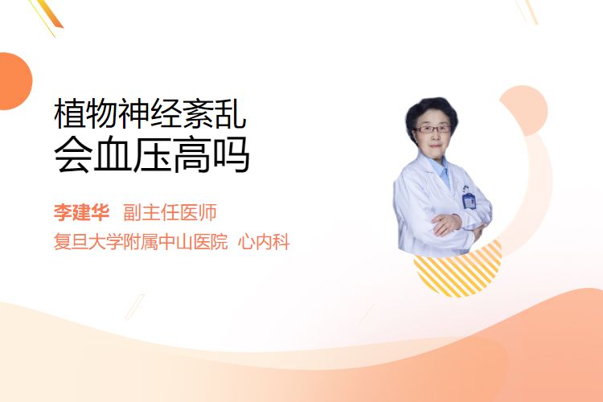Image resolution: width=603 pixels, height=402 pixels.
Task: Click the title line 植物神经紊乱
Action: click(150, 113)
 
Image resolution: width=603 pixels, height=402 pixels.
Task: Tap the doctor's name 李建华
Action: click(81, 212)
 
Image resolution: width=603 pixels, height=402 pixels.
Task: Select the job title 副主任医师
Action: click(170, 212)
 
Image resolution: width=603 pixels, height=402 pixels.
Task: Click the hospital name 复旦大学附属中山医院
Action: click(141, 242)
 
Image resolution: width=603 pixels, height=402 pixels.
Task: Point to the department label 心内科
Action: click(264, 242)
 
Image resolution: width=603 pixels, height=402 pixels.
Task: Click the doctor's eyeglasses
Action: click(433, 129)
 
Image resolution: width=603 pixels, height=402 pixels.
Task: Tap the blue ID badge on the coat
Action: click(469, 200)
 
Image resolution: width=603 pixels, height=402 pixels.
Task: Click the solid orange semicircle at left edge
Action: click(14, 81)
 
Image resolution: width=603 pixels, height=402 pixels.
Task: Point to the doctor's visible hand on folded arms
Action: click(445, 224)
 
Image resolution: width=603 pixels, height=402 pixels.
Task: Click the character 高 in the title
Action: click(191, 155)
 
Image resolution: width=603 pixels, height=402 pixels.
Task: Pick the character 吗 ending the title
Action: click(231, 155)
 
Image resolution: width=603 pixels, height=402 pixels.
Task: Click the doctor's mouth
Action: click(435, 146)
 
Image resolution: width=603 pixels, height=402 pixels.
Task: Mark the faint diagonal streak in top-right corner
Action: click(527, 11)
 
